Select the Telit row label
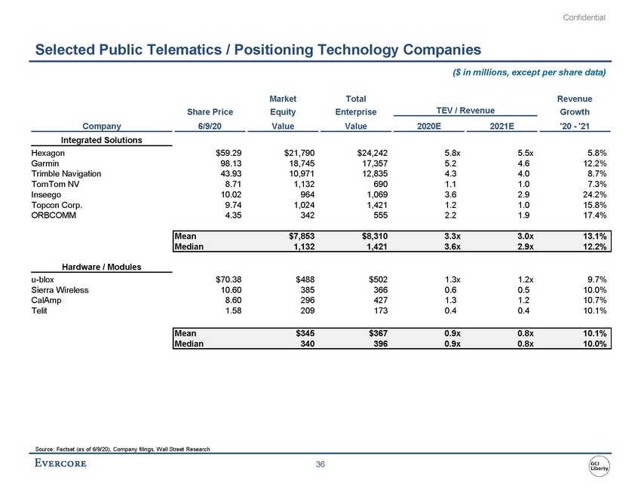39,311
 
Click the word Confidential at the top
585,17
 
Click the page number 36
320,464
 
